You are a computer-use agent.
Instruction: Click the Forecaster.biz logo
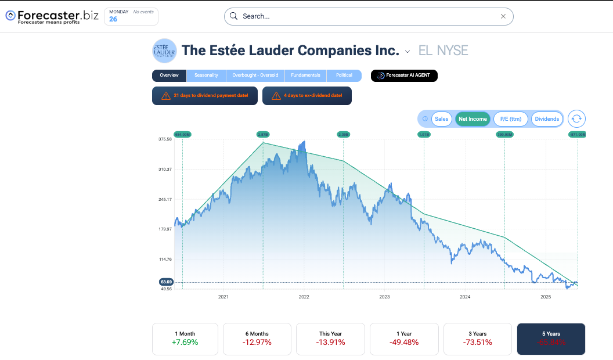[52, 16]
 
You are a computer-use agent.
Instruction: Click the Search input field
[366, 16]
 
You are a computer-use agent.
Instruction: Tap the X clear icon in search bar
[503, 16]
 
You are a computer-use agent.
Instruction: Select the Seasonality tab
[206, 75]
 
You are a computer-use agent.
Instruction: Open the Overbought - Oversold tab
[255, 75]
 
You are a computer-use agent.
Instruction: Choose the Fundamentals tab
[305, 75]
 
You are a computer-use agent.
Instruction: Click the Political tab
[344, 75]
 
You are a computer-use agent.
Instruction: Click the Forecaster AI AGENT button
[404, 75]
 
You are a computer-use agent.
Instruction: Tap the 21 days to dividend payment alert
[204, 95]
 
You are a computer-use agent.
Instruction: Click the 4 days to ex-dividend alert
[307, 95]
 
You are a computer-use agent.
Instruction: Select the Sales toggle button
[442, 119]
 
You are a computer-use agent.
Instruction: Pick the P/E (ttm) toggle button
[511, 119]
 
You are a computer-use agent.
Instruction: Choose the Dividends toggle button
[547, 119]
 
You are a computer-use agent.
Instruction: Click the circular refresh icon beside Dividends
[576, 119]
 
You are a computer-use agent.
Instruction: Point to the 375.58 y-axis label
[165, 139]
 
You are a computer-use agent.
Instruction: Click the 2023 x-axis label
[384, 297]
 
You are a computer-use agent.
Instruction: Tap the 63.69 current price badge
[166, 282]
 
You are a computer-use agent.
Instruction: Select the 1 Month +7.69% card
[185, 339]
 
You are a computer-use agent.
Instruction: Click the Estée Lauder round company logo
[164, 51]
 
